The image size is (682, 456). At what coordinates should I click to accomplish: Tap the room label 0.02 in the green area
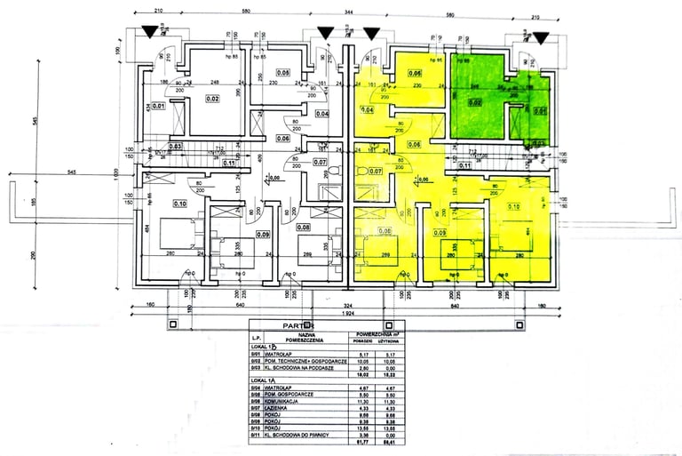point(476,102)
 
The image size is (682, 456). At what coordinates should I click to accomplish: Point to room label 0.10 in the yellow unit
point(513,206)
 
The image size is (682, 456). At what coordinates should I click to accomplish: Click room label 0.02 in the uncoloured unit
point(212,99)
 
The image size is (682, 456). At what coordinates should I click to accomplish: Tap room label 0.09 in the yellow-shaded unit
point(440,233)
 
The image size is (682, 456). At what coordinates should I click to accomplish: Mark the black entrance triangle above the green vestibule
point(539,36)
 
